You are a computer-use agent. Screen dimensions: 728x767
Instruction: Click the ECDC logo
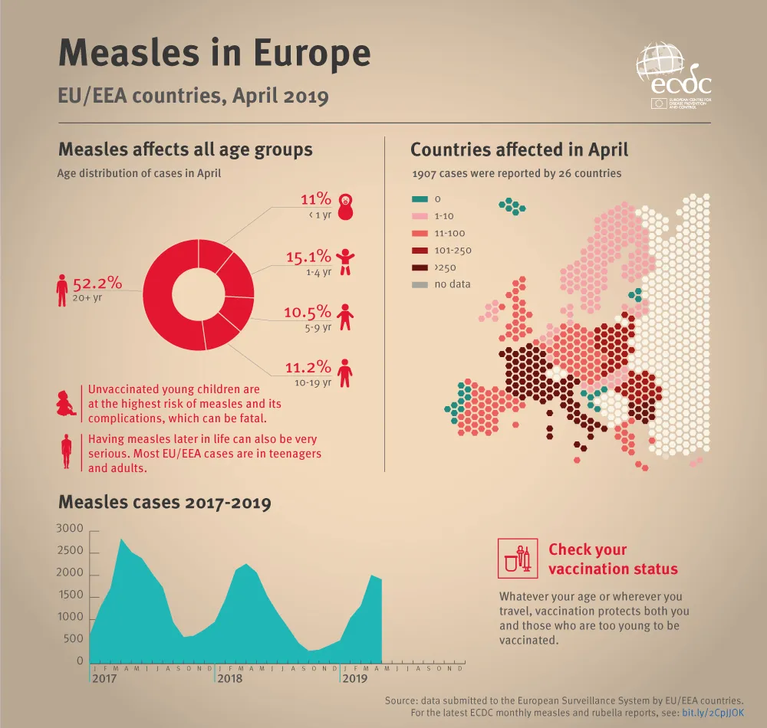pyautogui.click(x=673, y=77)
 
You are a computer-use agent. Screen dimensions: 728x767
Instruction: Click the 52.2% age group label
pyautogui.click(x=97, y=283)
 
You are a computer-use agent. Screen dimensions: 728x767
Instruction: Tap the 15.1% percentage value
pyautogui.click(x=308, y=257)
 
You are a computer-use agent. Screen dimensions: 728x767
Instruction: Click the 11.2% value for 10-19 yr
pyautogui.click(x=308, y=367)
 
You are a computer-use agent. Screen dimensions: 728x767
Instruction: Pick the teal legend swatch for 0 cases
pyautogui.click(x=420, y=199)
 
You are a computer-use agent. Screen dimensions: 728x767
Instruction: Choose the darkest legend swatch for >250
pyautogui.click(x=420, y=267)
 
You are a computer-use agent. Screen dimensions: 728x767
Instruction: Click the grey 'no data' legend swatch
pyautogui.click(x=420, y=284)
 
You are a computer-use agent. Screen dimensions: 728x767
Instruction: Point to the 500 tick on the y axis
pyautogui.click(x=74, y=639)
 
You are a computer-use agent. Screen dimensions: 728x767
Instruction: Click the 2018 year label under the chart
pyautogui.click(x=229, y=679)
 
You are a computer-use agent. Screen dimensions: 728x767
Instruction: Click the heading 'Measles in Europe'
pyautogui.click(x=215, y=53)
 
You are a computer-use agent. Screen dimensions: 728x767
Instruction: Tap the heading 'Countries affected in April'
pyautogui.click(x=519, y=149)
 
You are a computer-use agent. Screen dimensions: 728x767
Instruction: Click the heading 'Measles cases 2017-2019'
pyautogui.click(x=165, y=503)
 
